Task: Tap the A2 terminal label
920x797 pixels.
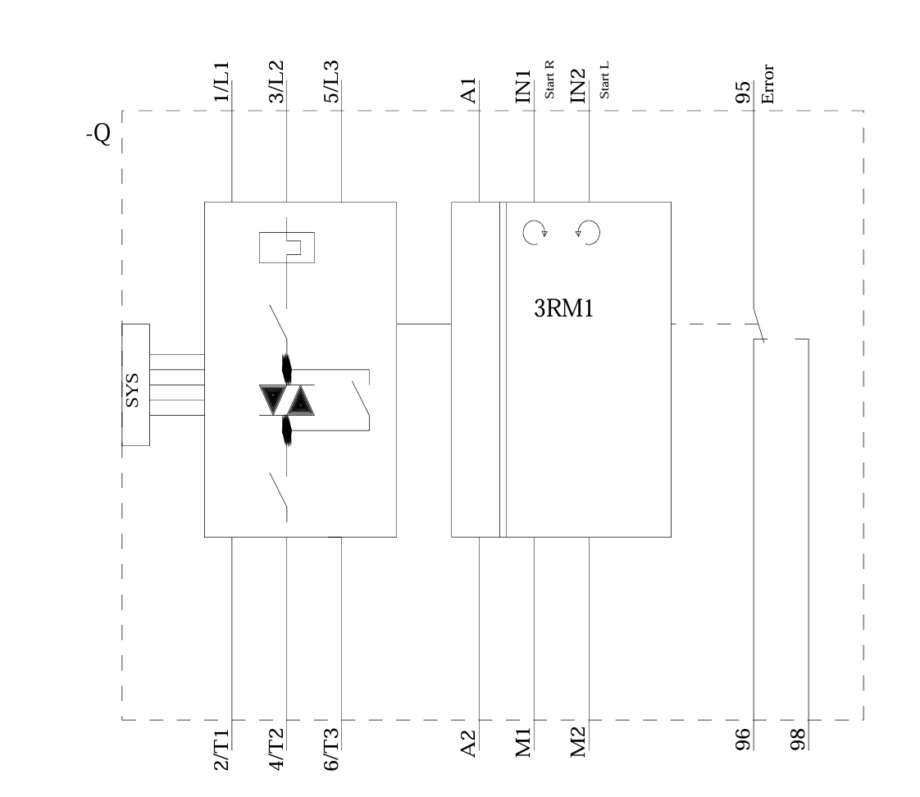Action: tap(469, 743)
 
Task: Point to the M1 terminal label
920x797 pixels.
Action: tap(524, 743)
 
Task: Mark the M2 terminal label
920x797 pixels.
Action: tap(578, 743)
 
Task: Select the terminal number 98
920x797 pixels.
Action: tap(797, 740)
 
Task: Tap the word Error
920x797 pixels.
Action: tap(768, 84)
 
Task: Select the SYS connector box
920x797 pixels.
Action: tap(135, 385)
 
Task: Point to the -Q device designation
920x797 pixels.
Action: tap(98, 134)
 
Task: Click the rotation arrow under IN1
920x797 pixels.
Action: tap(534, 233)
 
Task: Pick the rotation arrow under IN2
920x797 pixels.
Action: tap(589, 233)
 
